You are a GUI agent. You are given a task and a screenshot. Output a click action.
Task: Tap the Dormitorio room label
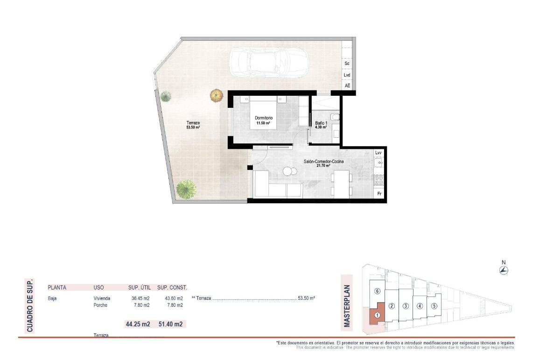(264, 120)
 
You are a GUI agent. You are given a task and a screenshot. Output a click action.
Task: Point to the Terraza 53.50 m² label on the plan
(193, 124)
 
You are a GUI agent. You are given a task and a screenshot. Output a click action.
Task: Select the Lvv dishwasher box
(378, 153)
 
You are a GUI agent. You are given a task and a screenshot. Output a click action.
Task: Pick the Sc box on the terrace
(347, 64)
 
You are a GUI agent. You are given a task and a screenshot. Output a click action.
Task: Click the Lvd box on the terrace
(347, 75)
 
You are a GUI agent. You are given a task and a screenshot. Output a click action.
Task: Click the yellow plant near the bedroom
(216, 96)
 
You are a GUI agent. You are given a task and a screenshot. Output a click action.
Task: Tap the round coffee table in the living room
(287, 172)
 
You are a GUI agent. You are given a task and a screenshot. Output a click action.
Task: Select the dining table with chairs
(341, 183)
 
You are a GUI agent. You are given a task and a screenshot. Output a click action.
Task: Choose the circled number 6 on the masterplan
(378, 291)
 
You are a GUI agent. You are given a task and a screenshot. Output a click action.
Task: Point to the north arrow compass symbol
(504, 270)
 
